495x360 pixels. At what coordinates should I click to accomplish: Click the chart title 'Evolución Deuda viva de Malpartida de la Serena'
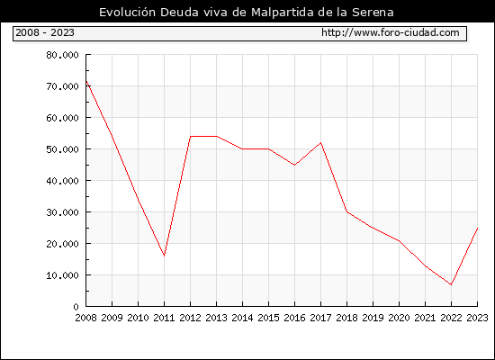(x=247, y=13)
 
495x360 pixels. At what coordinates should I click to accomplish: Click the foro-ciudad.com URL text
(x=391, y=32)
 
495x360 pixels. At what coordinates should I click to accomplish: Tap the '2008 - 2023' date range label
(x=45, y=32)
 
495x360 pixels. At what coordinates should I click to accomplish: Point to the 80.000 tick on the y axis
(x=62, y=55)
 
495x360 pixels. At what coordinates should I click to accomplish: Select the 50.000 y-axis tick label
(x=62, y=149)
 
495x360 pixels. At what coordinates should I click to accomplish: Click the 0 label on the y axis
(x=76, y=307)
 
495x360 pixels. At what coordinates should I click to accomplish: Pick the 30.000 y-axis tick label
(x=62, y=212)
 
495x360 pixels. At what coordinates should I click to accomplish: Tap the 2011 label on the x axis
(x=164, y=318)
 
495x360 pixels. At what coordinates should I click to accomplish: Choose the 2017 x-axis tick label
(x=320, y=318)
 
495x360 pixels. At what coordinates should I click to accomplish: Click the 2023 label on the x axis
(x=477, y=318)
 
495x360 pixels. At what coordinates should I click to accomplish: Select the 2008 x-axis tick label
(x=85, y=318)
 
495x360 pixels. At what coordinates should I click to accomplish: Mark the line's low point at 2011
(x=164, y=256)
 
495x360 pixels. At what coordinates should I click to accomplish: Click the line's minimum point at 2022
(x=451, y=284)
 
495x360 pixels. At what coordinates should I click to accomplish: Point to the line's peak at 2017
(x=320, y=143)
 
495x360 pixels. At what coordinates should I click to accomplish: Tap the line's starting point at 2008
(x=86, y=81)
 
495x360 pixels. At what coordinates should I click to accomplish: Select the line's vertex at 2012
(x=191, y=137)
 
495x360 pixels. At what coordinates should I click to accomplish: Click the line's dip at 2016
(x=294, y=165)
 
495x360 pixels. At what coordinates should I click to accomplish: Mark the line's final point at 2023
(x=477, y=228)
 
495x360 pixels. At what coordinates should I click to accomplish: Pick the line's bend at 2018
(x=346, y=211)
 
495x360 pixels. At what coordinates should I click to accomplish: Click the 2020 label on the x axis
(x=399, y=318)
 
